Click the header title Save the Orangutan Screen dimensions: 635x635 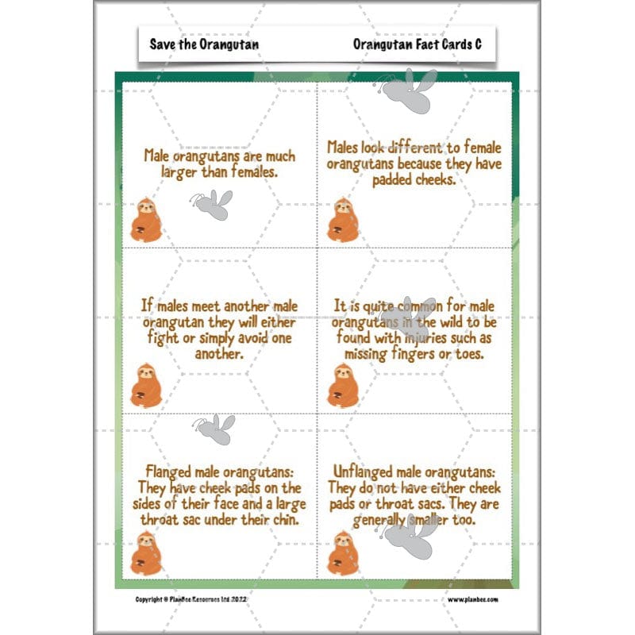tap(204, 44)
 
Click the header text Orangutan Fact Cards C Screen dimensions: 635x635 tap(418, 44)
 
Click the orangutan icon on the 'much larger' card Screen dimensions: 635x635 tap(145, 220)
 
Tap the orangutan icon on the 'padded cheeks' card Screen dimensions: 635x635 tap(343, 220)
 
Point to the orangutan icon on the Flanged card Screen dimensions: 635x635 tap(145, 553)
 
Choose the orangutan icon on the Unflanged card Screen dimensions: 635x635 tap(343, 553)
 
